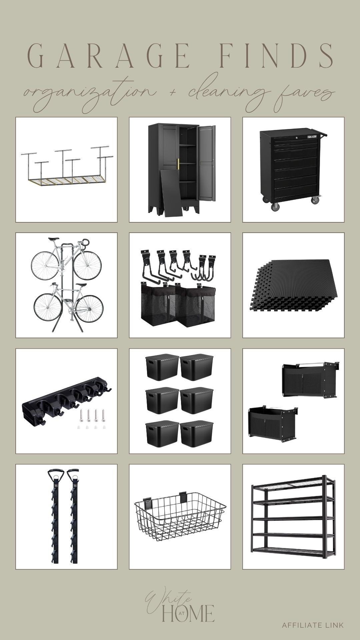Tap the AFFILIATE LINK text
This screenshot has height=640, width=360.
point(313,625)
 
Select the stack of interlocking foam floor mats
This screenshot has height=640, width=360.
point(293,285)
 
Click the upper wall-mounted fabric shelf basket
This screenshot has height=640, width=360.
point(310,380)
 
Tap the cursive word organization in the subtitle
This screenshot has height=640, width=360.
point(83,92)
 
